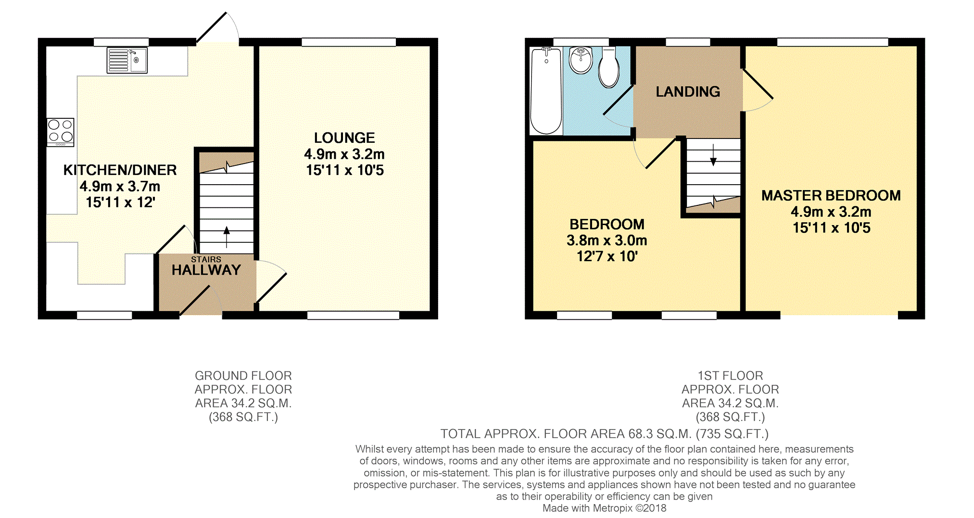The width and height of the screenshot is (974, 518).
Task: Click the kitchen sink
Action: point(127,60)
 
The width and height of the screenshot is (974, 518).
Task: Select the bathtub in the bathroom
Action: point(546,91)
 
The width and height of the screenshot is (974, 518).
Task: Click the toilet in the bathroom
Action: point(609,67)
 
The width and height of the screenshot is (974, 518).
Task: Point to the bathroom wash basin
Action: point(581,60)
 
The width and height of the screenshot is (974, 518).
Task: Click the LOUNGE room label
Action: point(344,138)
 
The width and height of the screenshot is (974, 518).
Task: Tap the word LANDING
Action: point(688,91)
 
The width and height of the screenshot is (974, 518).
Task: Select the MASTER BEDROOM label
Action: point(831,195)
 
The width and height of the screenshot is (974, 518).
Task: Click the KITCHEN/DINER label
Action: point(120,170)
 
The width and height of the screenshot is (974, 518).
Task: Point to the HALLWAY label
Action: point(206,270)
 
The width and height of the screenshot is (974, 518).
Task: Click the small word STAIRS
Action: point(206,259)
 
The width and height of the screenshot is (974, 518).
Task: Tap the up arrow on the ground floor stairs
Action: point(227,237)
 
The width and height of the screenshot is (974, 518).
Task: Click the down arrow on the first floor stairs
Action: point(713,155)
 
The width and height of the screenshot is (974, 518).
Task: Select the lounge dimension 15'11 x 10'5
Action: point(345,170)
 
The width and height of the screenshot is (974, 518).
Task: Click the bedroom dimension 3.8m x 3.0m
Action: point(607,240)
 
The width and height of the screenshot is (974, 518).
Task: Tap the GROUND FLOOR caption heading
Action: point(243,376)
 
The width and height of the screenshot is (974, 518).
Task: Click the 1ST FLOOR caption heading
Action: point(730,376)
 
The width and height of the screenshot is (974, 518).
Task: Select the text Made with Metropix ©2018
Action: point(605,508)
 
